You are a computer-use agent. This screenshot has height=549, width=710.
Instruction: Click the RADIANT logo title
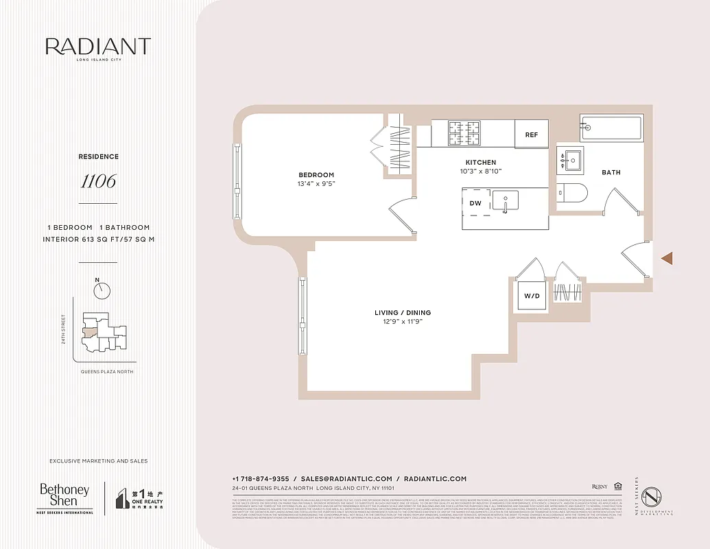[97, 47]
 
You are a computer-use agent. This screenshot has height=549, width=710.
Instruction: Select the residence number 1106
[98, 181]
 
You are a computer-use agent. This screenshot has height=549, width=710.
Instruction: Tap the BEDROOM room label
[316, 175]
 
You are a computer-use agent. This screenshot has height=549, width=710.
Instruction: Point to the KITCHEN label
[480, 163]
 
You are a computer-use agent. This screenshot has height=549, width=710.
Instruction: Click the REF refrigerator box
[532, 135]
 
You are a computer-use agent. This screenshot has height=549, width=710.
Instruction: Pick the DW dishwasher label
[475, 204]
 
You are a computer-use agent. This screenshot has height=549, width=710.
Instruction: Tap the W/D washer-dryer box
[532, 296]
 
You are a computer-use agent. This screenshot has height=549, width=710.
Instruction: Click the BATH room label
[611, 172]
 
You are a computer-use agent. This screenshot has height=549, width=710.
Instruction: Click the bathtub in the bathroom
[611, 128]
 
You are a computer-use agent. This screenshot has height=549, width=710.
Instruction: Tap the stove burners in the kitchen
[466, 133]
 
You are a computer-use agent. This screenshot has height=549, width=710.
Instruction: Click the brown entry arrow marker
[667, 258]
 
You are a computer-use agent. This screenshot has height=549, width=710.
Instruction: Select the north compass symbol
[102, 290]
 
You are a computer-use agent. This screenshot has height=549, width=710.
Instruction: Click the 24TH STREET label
[64, 329]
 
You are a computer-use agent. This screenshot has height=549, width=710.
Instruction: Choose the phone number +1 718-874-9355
[260, 479]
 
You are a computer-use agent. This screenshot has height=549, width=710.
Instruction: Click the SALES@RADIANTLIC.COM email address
[347, 479]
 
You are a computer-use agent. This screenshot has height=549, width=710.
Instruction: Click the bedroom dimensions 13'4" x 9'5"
[316, 184]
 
